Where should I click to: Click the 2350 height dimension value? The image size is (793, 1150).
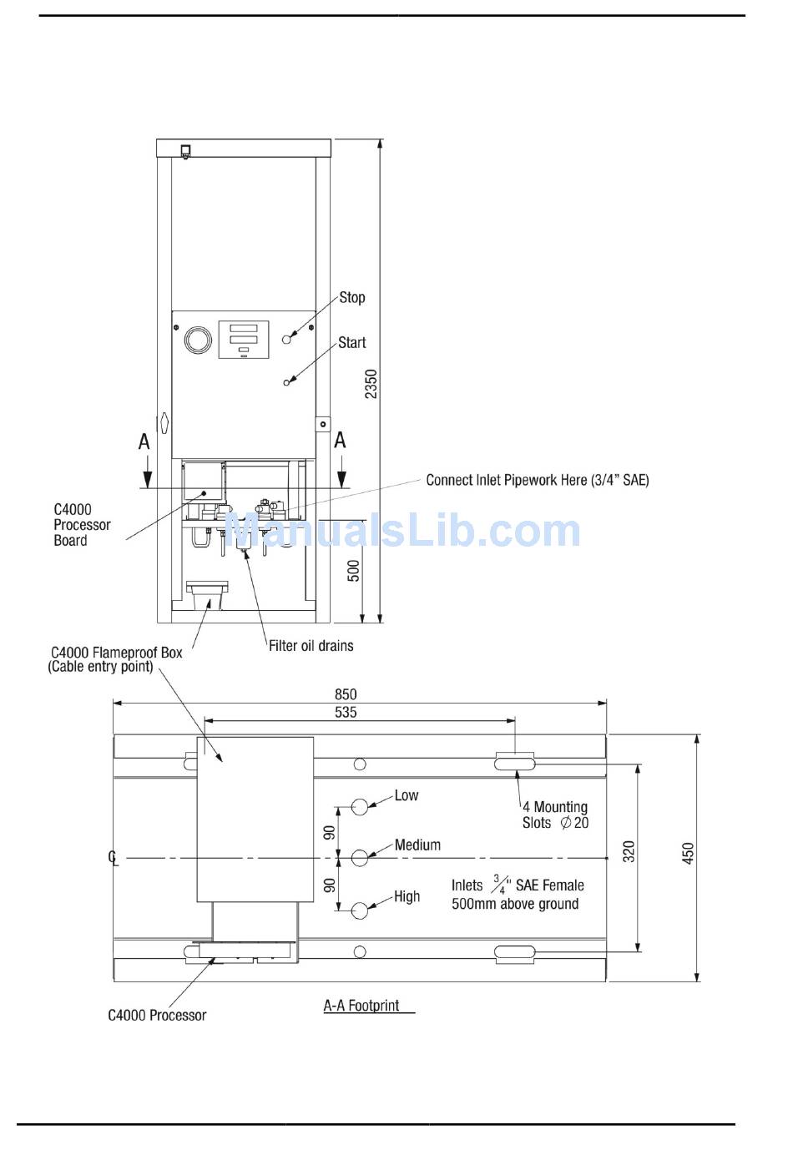pyautogui.click(x=371, y=384)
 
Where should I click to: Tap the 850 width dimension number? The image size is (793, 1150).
pyautogui.click(x=345, y=694)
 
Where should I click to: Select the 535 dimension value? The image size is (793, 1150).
pyautogui.click(x=345, y=712)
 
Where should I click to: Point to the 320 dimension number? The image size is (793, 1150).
pyautogui.click(x=629, y=851)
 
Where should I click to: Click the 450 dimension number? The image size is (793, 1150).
pyautogui.click(x=688, y=853)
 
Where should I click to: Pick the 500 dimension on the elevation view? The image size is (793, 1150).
pyautogui.click(x=354, y=570)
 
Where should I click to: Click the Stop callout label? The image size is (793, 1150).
pyautogui.click(x=351, y=297)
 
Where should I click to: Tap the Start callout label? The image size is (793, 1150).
pyautogui.click(x=351, y=342)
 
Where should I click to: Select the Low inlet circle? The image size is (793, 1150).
pyautogui.click(x=360, y=806)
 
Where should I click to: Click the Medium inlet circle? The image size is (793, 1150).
pyautogui.click(x=360, y=857)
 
